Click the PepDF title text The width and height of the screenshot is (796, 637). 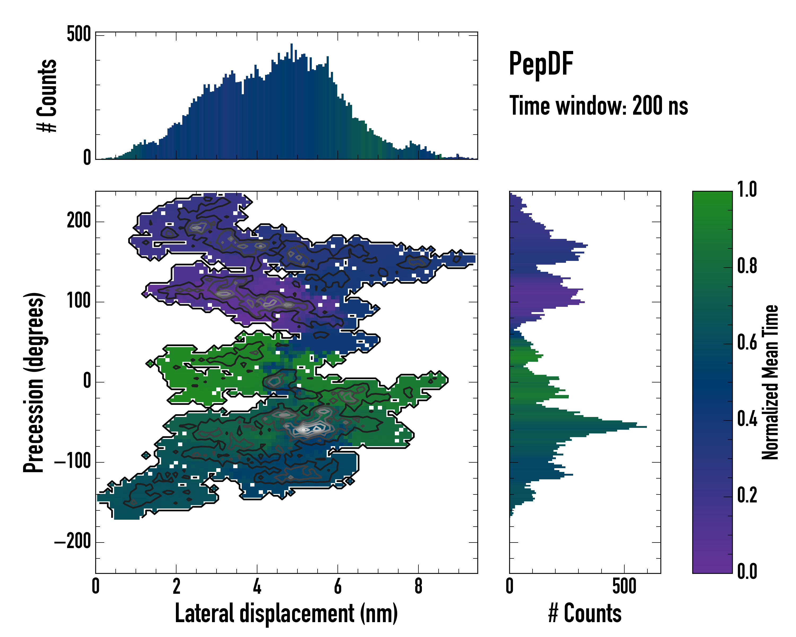click(x=541, y=64)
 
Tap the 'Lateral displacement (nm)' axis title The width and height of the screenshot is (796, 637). click(x=286, y=613)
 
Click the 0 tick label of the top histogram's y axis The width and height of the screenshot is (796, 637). click(x=87, y=158)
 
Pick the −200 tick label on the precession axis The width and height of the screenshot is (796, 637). click(x=72, y=542)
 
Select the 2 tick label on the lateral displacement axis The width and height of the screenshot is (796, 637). click(x=176, y=586)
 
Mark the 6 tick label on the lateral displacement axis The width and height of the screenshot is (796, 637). click(x=338, y=586)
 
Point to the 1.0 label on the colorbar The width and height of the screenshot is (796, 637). click(x=747, y=190)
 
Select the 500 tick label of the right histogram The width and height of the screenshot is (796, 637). click(x=624, y=586)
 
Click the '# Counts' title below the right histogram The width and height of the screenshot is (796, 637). click(x=585, y=613)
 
